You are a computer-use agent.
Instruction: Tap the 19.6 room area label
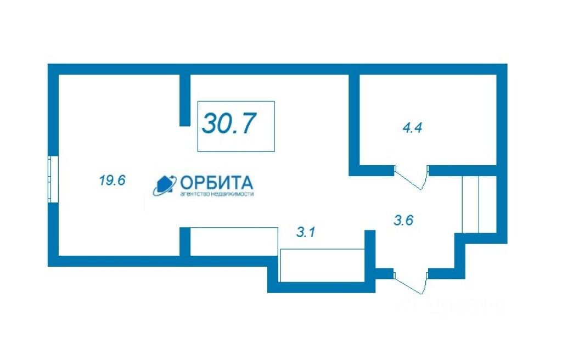pyautogui.click(x=113, y=180)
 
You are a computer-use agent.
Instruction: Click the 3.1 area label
pyautogui.click(x=305, y=233)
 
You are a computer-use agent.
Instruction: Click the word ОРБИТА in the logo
pyautogui.click(x=216, y=182)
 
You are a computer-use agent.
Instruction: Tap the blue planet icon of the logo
pyautogui.click(x=164, y=185)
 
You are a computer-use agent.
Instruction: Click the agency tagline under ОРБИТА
pyautogui.click(x=217, y=194)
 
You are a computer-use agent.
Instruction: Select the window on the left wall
pyautogui.click(x=53, y=179)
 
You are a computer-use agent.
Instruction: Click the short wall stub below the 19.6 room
pyautogui.click(x=185, y=241)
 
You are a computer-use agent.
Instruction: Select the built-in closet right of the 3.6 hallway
pyautogui.click(x=479, y=204)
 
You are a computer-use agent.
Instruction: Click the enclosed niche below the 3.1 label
pyautogui.click(x=322, y=265)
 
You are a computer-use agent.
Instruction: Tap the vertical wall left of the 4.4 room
pyautogui.click(x=354, y=121)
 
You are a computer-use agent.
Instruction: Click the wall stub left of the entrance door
pyautogui.click(x=384, y=273)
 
